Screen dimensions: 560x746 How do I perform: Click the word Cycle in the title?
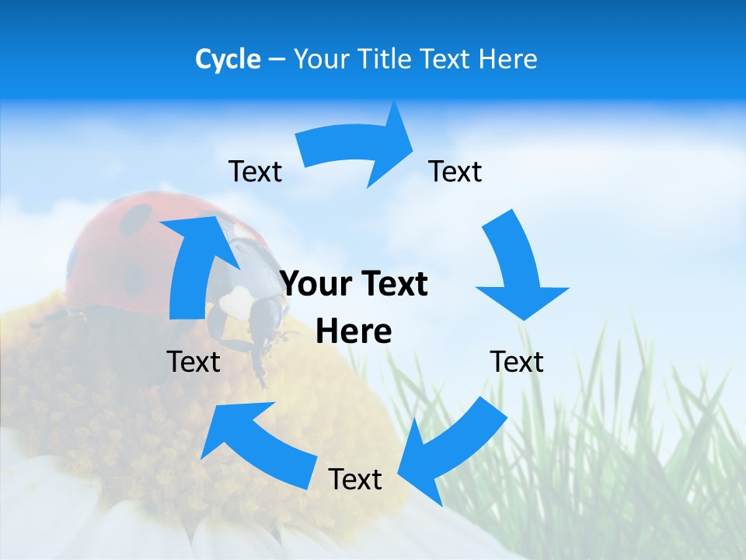(228, 59)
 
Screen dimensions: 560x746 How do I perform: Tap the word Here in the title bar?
(506, 59)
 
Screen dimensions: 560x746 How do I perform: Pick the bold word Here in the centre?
(354, 332)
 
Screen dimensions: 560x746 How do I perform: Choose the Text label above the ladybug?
(255, 171)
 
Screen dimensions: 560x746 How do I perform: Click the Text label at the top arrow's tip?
(455, 171)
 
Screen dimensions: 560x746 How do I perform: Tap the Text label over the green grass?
(517, 362)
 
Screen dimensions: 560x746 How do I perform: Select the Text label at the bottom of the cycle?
(355, 479)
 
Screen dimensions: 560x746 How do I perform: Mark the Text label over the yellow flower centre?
(193, 362)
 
